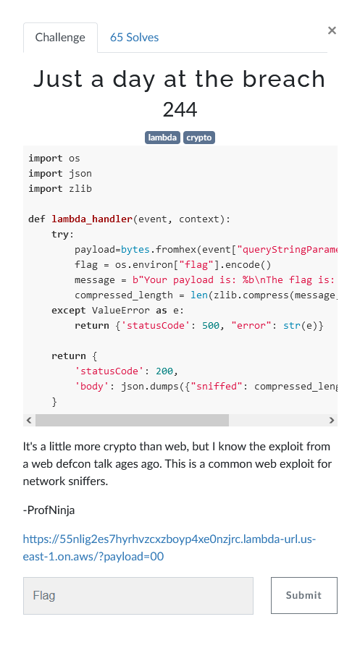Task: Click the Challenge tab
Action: click(x=60, y=38)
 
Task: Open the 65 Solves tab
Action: click(x=134, y=38)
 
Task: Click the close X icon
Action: click(x=332, y=30)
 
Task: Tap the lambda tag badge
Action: click(x=162, y=138)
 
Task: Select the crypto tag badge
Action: click(x=199, y=138)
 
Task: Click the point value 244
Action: click(x=180, y=110)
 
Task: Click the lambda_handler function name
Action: click(x=92, y=219)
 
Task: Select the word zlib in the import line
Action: click(x=80, y=189)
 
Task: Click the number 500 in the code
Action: click(x=210, y=326)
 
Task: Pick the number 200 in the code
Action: click(x=164, y=371)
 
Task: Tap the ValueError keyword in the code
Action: click(x=121, y=311)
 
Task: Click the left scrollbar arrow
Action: click(x=29, y=420)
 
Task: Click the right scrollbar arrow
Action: click(x=332, y=420)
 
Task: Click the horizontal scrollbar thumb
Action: click(x=132, y=420)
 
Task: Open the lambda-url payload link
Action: click(x=169, y=548)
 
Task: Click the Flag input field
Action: click(x=138, y=596)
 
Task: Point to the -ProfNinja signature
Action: click(x=49, y=510)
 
